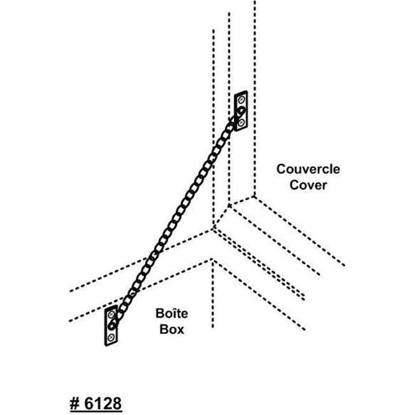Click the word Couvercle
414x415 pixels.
tap(308, 169)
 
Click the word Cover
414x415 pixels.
tap(308, 185)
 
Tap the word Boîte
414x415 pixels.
tap(171, 314)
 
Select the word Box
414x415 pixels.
tap(171, 329)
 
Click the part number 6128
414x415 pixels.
tap(103, 403)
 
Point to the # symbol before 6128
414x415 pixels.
tap(75, 404)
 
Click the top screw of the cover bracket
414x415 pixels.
tap(241, 100)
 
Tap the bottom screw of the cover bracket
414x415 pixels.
tap(241, 122)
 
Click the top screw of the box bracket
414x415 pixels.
tap(111, 315)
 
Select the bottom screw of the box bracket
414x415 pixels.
tap(111, 337)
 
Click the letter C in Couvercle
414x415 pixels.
tap(281, 169)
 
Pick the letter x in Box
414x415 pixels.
tap(180, 331)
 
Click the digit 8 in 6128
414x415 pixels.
tap(117, 403)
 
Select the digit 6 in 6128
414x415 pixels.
tap(89, 403)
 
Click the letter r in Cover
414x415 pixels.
tap(324, 186)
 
